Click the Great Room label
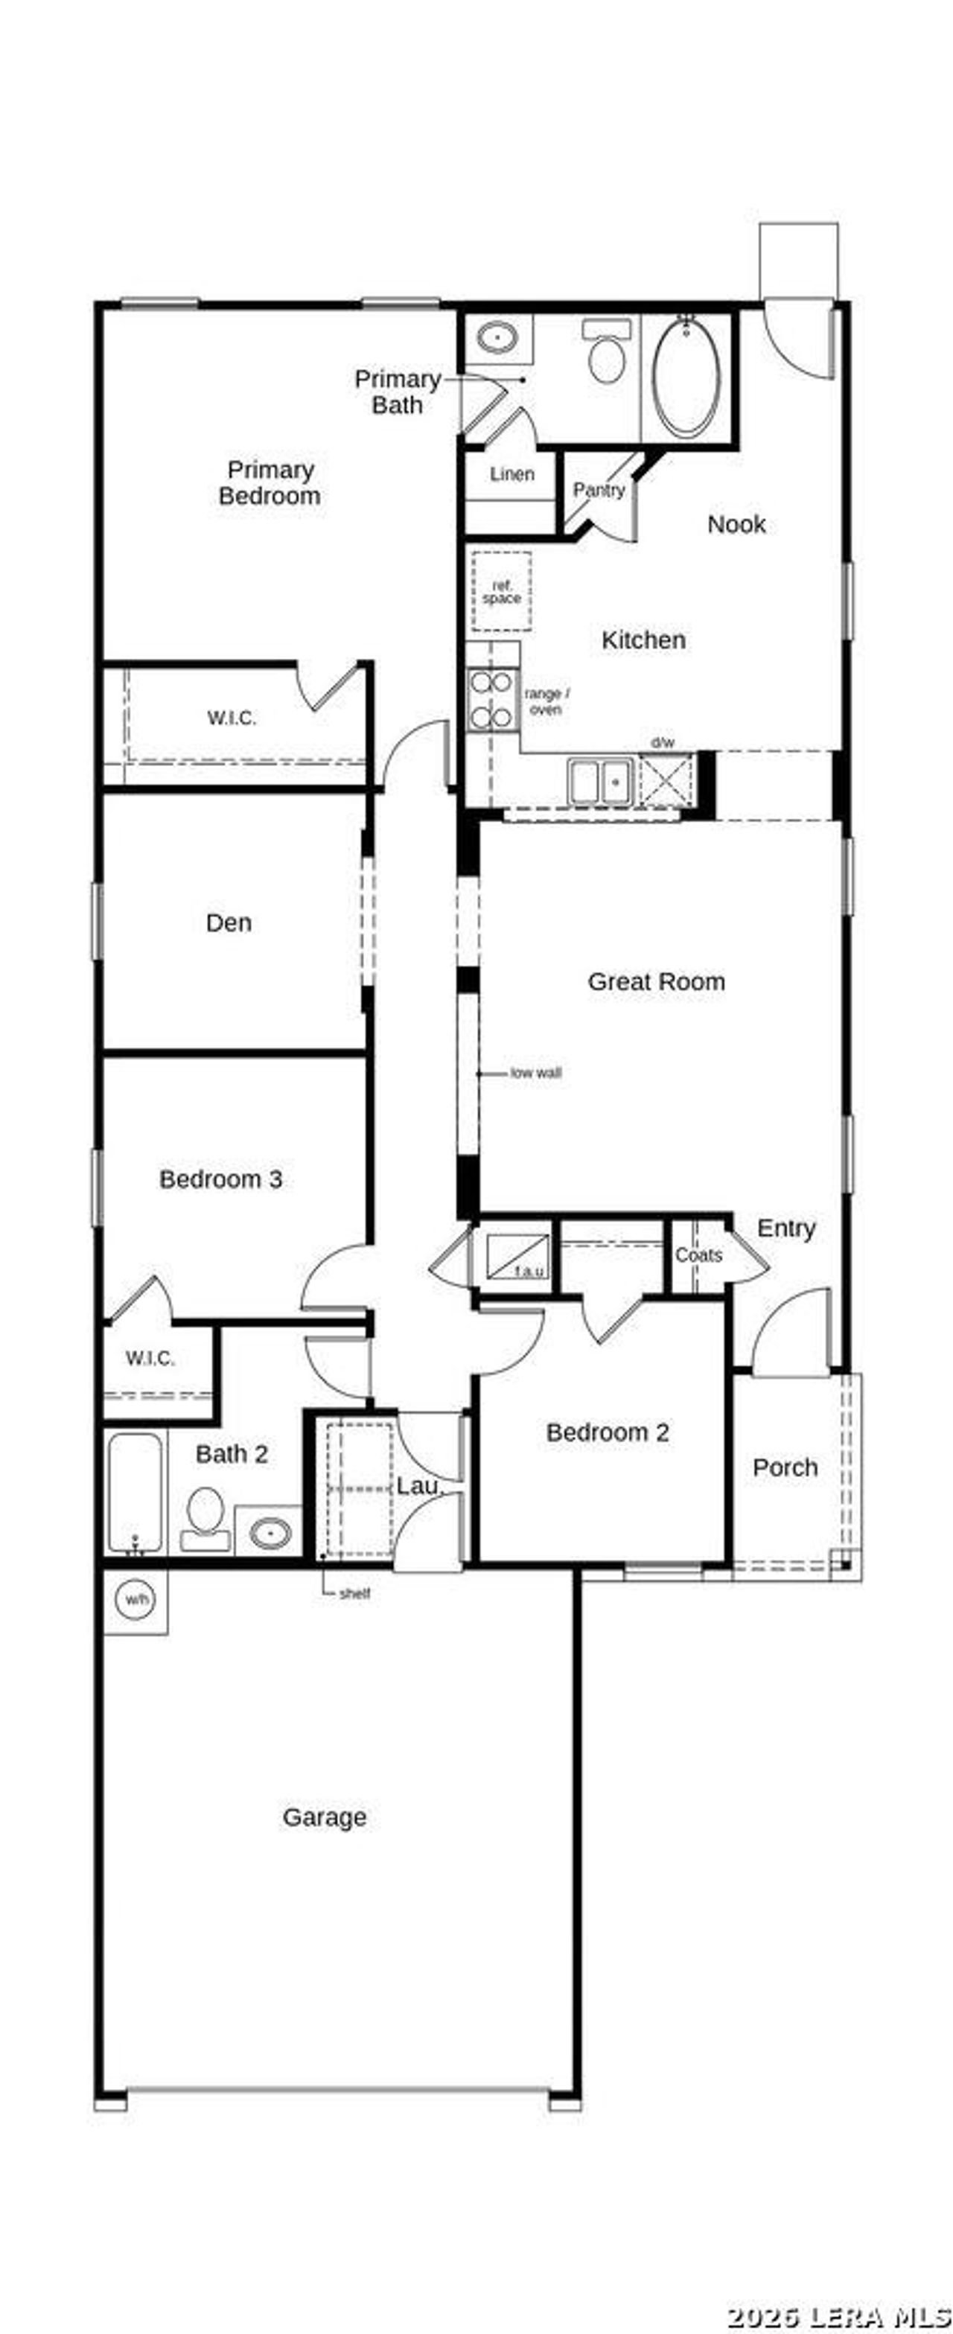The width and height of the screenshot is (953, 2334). tap(656, 981)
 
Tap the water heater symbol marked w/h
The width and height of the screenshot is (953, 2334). tap(136, 1599)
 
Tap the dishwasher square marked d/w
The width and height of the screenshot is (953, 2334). tap(666, 779)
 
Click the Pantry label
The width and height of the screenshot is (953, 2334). tap(599, 490)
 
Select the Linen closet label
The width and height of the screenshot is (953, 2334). tap(511, 474)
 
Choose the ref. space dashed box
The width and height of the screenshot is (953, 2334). tap(502, 592)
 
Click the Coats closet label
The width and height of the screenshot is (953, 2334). tap(698, 1255)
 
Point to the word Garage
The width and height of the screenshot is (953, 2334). tap(325, 1817)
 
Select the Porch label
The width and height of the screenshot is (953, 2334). tap(785, 1467)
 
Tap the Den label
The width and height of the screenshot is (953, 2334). tap(229, 922)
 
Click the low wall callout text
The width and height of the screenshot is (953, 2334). tap(535, 1073)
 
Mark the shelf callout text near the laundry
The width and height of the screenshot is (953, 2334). tap(354, 1594)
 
